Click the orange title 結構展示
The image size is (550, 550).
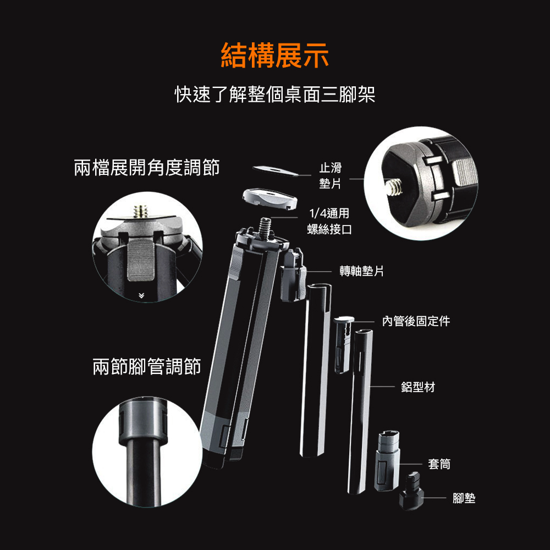click(x=275, y=55)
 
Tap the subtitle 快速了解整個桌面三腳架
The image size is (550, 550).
click(x=275, y=94)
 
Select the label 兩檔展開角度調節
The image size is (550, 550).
click(x=147, y=167)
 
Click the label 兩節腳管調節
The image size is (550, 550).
click(x=147, y=366)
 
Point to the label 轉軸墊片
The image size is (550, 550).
click(x=362, y=271)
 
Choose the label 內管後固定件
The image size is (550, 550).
click(x=416, y=321)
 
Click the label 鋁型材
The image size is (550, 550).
click(x=418, y=387)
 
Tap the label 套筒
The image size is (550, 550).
click(x=439, y=464)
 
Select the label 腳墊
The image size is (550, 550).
click(x=464, y=498)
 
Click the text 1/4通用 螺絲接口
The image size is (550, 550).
click(x=329, y=221)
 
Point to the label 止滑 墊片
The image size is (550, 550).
click(x=331, y=175)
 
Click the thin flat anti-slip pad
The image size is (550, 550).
click(x=276, y=171)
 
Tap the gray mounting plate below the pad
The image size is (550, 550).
click(x=269, y=199)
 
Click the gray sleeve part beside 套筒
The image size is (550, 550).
click(x=387, y=461)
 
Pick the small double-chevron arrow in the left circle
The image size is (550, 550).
click(x=141, y=296)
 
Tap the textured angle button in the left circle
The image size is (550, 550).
click(x=141, y=261)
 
